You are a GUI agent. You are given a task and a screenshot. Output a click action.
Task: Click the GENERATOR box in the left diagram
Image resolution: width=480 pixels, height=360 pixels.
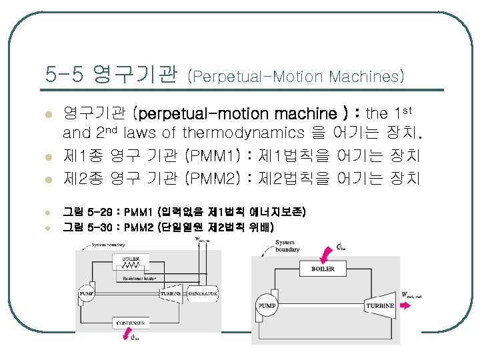[x=204, y=293]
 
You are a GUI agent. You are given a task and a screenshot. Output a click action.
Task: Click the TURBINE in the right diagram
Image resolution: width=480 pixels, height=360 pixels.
[x=379, y=306]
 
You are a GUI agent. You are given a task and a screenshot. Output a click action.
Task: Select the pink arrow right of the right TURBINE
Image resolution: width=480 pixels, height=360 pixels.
[x=407, y=305]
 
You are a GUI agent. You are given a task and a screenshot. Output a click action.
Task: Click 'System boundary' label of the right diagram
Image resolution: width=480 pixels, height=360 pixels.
[x=269, y=247]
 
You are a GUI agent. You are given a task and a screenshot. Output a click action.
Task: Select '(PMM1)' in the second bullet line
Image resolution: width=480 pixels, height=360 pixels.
[x=211, y=157]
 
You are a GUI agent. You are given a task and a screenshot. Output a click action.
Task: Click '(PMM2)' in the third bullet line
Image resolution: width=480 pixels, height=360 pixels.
[x=211, y=178]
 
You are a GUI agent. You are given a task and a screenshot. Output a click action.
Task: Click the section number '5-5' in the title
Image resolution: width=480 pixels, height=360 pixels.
[x=65, y=73]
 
